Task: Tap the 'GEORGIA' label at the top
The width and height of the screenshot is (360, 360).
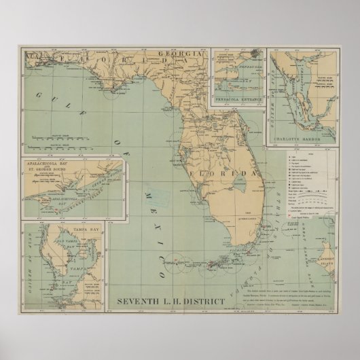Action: (179, 54)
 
